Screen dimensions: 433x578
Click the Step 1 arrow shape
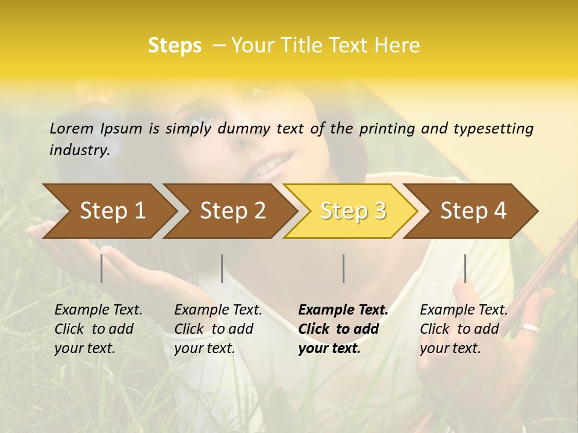click(x=111, y=210)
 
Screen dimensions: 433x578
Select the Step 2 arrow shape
click(x=232, y=210)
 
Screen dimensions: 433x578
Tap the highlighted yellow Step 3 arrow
click(x=352, y=210)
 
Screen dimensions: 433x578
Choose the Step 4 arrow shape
click(x=473, y=210)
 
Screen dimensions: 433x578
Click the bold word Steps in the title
click(x=175, y=46)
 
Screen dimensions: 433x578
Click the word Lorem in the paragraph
click(x=72, y=128)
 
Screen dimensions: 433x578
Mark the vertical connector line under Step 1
click(x=102, y=268)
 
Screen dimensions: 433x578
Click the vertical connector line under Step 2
click(x=222, y=268)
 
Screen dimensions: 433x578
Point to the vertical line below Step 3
click(x=343, y=268)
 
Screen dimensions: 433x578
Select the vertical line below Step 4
click(x=465, y=268)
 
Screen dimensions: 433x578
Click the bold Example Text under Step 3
click(x=343, y=310)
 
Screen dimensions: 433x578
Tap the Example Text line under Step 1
click(x=98, y=310)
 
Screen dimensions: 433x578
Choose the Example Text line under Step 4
click(x=464, y=310)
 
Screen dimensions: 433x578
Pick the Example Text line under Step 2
click(x=218, y=310)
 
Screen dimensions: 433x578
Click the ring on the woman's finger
click(x=530, y=328)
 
